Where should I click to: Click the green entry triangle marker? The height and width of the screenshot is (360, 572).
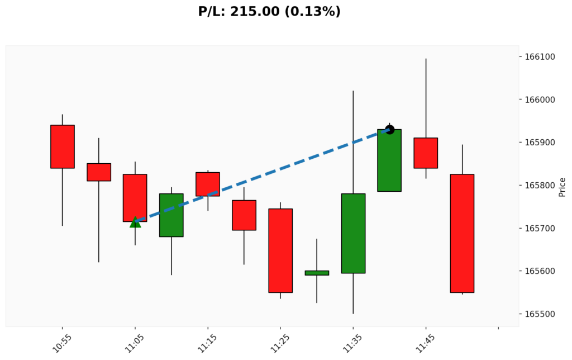coord(135,222)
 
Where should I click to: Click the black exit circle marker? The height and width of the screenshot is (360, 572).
coord(390,130)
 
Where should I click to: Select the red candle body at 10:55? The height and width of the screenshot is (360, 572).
coord(63,146)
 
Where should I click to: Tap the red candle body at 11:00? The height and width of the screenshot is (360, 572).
coord(99,172)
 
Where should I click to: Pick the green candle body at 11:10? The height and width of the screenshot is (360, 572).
coord(171,215)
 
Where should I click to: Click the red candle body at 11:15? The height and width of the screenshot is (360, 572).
coord(208,184)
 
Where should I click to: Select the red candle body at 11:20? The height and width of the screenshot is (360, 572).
coord(244,215)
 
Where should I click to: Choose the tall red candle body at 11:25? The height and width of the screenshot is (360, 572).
coord(280,250)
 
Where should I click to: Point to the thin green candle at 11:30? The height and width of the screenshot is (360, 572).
coord(317,273)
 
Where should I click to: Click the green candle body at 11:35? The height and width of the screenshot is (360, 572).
coord(353,233)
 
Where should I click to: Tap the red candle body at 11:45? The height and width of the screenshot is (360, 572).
coord(426,153)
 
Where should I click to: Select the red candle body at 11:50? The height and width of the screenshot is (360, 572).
coord(462,233)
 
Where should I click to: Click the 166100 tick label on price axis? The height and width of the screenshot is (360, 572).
coord(539,57)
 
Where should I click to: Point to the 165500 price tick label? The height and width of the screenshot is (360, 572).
coord(539,314)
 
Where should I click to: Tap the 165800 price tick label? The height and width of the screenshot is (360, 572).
coord(539,186)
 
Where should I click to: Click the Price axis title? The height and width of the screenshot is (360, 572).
coord(562,187)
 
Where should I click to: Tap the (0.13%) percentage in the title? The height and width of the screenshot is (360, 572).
coord(312,11)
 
